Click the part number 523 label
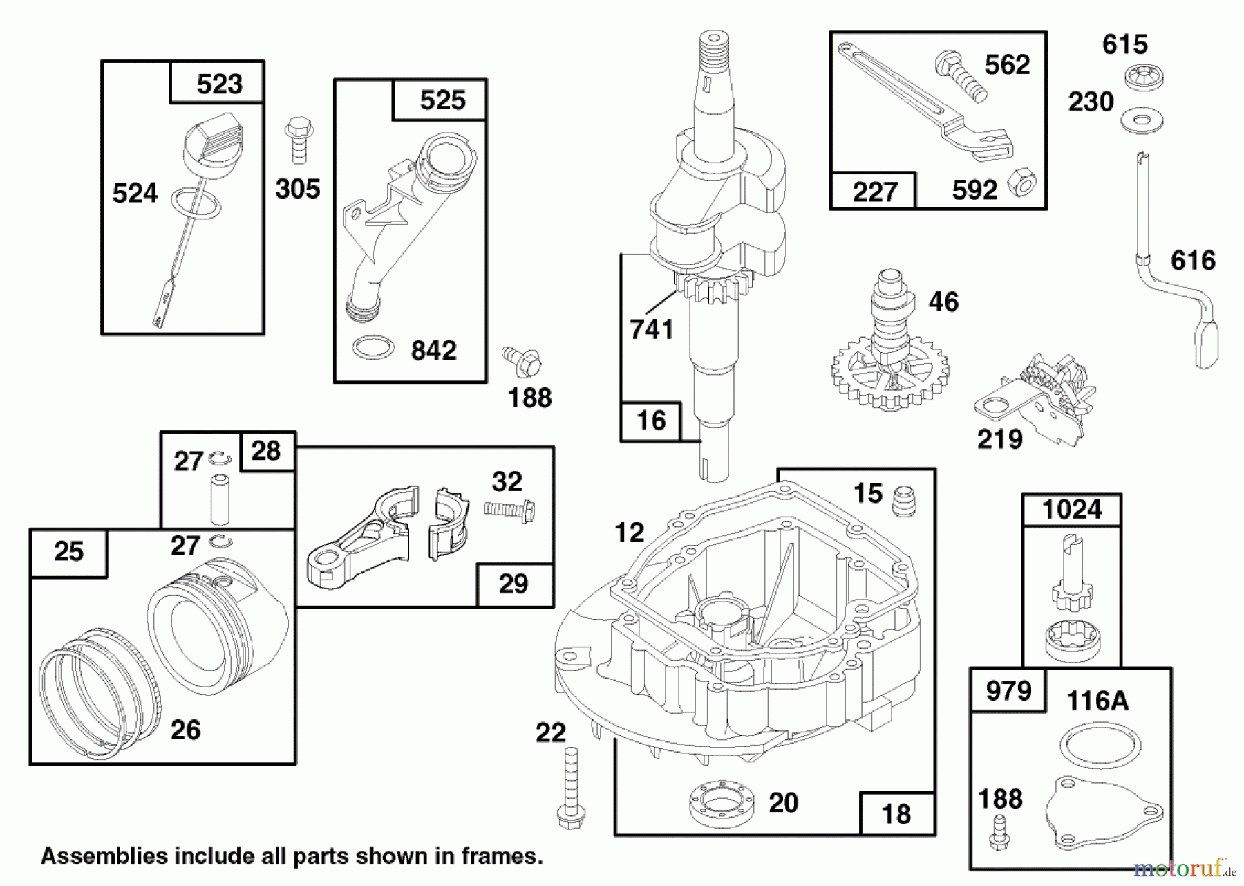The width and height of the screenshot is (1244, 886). [219, 84]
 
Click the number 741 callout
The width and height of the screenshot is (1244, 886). [651, 329]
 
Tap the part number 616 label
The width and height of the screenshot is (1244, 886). [1193, 261]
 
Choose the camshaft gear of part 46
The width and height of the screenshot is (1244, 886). [891, 373]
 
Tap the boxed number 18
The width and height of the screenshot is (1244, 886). [896, 814]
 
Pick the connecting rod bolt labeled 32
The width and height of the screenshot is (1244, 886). [510, 510]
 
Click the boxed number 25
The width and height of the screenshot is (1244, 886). [69, 552]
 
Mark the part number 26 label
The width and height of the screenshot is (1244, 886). [185, 730]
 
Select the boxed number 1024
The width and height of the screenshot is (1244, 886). [1072, 510]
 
